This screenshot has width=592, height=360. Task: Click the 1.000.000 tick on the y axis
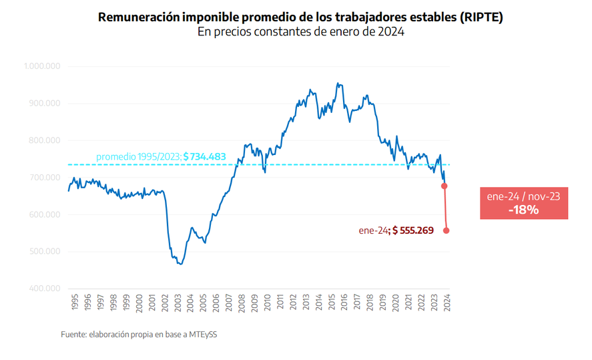tap(43, 66)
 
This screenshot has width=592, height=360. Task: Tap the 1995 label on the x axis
tap(73, 303)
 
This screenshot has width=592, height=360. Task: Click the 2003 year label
tap(178, 303)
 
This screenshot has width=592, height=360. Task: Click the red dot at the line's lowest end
tap(446, 230)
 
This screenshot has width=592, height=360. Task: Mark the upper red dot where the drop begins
tap(445, 186)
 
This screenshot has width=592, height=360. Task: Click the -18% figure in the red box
tap(523, 209)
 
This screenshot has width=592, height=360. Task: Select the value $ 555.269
tap(413, 230)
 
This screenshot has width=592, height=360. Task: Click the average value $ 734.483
tap(204, 157)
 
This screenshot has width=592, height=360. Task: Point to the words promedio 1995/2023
tap(138, 157)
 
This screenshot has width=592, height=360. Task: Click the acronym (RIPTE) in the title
tap(481, 17)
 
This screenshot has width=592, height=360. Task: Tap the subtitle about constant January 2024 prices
tap(301, 32)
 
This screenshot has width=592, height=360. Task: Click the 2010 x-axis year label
tap(268, 303)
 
